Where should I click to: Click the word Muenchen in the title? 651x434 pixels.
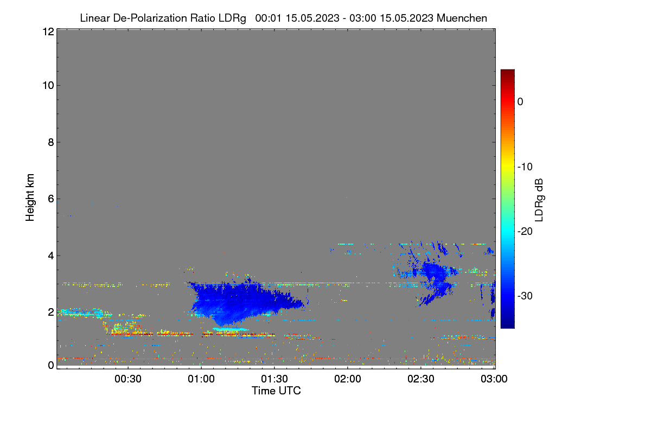(462, 18)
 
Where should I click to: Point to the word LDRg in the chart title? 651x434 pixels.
(232, 18)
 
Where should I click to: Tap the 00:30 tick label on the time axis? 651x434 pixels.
(128, 379)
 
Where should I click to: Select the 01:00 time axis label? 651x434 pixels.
(201, 379)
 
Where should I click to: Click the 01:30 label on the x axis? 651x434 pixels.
(275, 379)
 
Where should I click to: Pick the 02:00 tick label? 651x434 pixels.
(348, 379)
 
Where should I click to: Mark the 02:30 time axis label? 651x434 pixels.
(421, 379)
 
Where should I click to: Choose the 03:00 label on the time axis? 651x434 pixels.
(494, 379)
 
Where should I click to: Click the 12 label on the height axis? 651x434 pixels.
(48, 31)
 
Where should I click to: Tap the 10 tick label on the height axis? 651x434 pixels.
(48, 86)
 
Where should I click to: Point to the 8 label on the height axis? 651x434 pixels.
(51, 142)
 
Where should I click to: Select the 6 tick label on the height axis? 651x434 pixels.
(51, 199)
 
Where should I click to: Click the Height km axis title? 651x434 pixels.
(30, 197)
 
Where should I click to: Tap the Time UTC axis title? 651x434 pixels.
(276, 391)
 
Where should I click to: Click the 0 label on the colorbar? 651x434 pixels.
(520, 102)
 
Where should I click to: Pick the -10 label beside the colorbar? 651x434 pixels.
(525, 167)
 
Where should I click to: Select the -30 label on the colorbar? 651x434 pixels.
(525, 296)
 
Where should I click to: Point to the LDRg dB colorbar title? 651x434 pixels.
(539, 200)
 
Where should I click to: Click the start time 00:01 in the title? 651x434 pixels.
(268, 18)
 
